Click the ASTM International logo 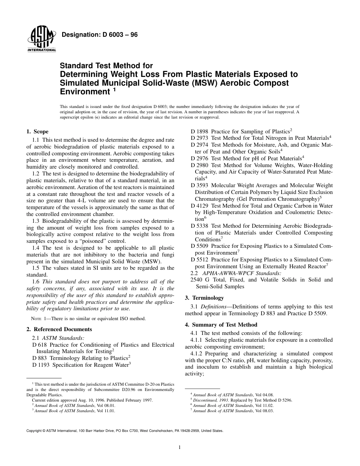click(41, 39)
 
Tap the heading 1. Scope click(37, 131)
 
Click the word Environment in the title click(85, 91)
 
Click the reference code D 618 click(39, 345)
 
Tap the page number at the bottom click(180, 447)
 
